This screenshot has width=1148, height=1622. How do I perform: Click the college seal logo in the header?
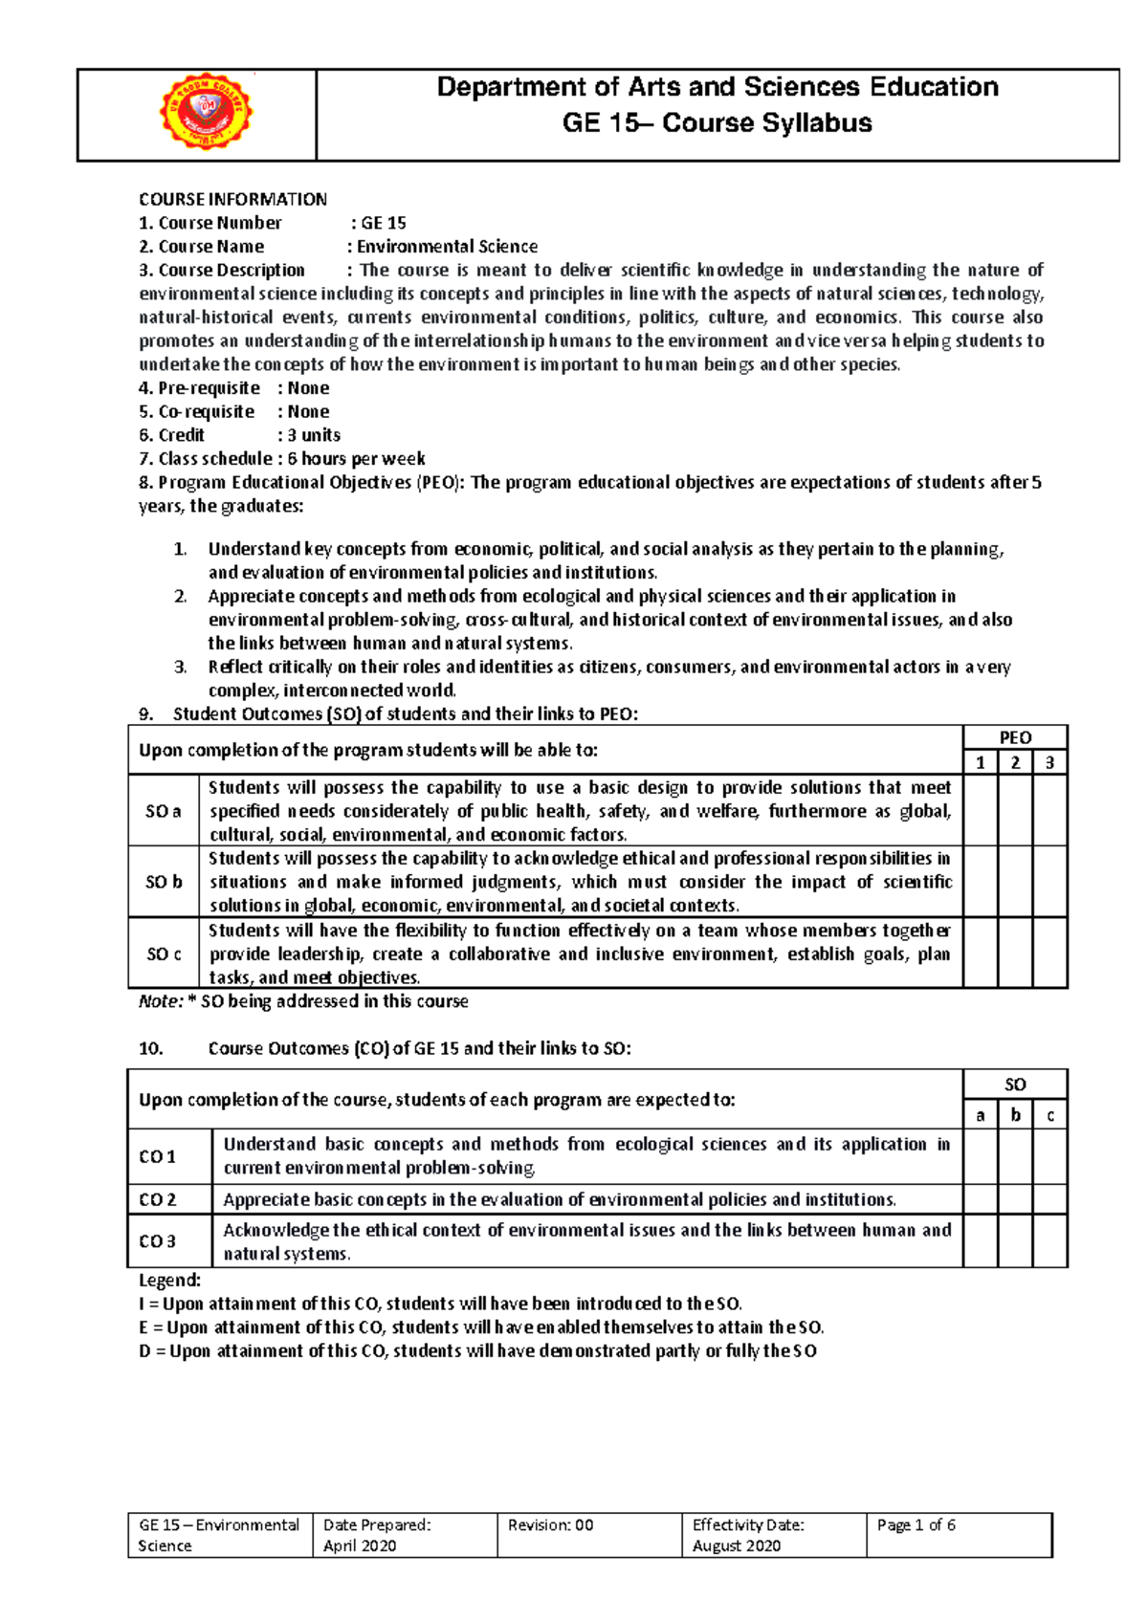pos(206,113)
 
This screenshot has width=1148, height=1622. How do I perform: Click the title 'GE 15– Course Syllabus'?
pos(717,123)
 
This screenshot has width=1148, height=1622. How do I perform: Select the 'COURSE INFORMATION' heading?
pos(232,199)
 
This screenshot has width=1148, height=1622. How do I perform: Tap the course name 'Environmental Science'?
pos(447,247)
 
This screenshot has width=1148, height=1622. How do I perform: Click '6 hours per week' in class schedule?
pos(356,459)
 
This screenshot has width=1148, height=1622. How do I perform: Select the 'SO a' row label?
pos(164,811)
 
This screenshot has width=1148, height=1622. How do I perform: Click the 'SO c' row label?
pos(164,953)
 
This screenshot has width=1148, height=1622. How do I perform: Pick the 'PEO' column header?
pos(1015,737)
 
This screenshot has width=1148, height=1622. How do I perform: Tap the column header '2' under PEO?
pos(1015,762)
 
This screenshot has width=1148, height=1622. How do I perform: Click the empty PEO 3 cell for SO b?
pos(1049,882)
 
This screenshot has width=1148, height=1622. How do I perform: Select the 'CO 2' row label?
pos(158,1199)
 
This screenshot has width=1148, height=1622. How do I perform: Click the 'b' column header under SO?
pos(1015,1115)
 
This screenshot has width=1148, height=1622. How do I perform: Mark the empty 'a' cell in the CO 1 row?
pos(980,1156)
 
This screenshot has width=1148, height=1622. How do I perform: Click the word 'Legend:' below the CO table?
pos(170,1280)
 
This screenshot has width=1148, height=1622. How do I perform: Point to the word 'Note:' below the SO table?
pos(161,1001)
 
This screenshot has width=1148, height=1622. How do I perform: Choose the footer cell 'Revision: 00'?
pos(551,1525)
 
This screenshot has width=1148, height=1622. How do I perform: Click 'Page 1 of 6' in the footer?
pos(916,1525)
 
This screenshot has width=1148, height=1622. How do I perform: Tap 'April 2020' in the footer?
pos(360,1545)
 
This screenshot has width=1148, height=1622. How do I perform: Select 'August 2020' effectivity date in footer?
pos(737,1545)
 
